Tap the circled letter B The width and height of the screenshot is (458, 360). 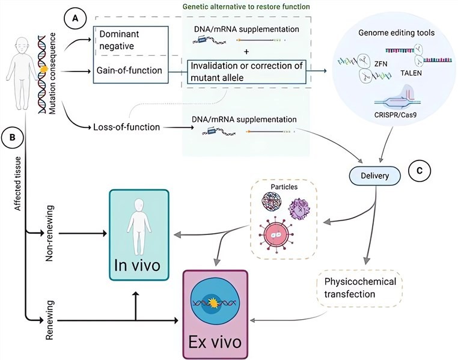(x=11, y=136)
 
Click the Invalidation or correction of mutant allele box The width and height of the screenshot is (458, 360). (x=246, y=70)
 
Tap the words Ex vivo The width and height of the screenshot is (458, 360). (x=216, y=343)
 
